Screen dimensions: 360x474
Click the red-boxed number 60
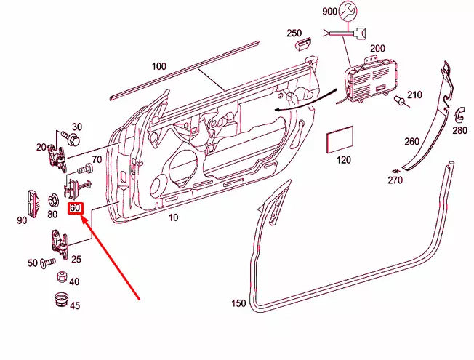(76, 209)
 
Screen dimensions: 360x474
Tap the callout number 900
(329, 12)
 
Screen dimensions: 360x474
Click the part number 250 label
(293, 33)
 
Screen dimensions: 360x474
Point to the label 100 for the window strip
(158, 66)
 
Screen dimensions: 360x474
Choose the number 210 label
(414, 95)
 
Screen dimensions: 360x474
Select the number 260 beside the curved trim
(411, 141)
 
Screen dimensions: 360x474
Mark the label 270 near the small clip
(394, 180)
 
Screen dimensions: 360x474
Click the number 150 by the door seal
(238, 303)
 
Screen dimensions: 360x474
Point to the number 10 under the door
(173, 217)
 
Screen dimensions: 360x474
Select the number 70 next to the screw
(95, 159)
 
